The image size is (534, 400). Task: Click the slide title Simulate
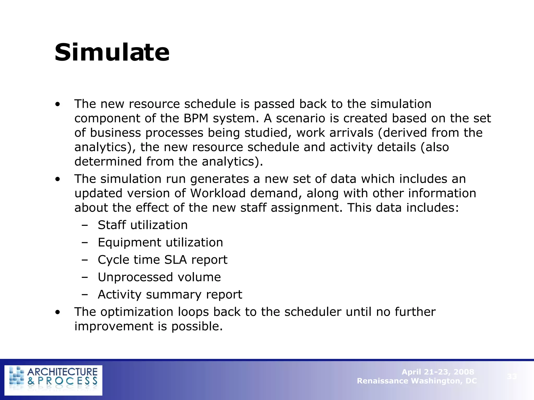(x=112, y=53)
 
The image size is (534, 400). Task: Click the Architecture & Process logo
(x=53, y=380)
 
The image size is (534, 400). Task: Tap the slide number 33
(x=512, y=376)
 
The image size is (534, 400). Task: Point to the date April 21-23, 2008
(x=438, y=372)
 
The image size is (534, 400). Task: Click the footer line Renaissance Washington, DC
(x=417, y=381)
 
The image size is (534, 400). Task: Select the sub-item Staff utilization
(x=143, y=225)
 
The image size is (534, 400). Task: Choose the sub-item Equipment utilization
(x=160, y=242)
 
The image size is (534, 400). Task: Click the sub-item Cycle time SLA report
(x=162, y=260)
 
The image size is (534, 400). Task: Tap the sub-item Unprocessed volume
(x=159, y=277)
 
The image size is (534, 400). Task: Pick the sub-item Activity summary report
(x=170, y=295)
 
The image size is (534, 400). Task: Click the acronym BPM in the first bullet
(x=196, y=118)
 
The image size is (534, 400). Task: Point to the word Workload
(x=218, y=193)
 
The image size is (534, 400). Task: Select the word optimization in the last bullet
(x=137, y=312)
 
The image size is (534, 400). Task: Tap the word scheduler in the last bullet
(x=313, y=312)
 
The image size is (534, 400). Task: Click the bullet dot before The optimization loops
(x=58, y=312)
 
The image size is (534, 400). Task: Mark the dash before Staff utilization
(x=84, y=225)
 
